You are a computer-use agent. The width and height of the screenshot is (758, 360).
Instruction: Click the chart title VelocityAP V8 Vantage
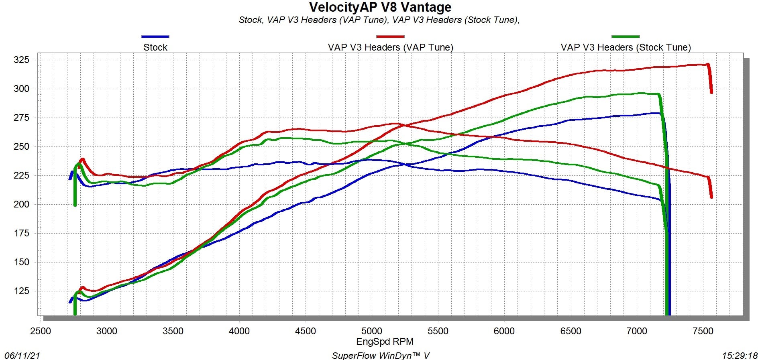pyautogui.click(x=380, y=7)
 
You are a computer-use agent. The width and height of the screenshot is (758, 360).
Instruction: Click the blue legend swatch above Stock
pyautogui.click(x=155, y=37)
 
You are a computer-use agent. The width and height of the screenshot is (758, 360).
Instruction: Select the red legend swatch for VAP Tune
pyautogui.click(x=390, y=37)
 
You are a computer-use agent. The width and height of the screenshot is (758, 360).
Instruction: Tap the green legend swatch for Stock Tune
pyautogui.click(x=626, y=37)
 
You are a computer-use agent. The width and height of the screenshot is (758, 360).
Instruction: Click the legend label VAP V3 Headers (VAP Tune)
pyautogui.click(x=390, y=47)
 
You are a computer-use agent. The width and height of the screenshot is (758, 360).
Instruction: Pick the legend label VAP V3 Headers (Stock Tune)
pyautogui.click(x=626, y=47)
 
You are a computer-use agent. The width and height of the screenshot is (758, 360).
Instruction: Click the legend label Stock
pyautogui.click(x=155, y=47)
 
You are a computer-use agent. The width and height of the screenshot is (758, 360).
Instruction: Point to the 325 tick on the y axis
pyautogui.click(x=22, y=60)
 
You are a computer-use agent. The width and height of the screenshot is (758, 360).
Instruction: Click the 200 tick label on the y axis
pyautogui.click(x=22, y=204)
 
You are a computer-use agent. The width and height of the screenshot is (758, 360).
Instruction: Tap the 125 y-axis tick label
pyautogui.click(x=22, y=291)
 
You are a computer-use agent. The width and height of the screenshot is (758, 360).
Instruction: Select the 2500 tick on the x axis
pyautogui.click(x=41, y=332)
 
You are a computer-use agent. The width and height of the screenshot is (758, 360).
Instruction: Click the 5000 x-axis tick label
pyautogui.click(x=372, y=332)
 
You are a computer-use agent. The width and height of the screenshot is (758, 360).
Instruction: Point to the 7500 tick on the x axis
pyautogui.click(x=703, y=332)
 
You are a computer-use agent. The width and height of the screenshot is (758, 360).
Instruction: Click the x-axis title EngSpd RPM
pyautogui.click(x=385, y=342)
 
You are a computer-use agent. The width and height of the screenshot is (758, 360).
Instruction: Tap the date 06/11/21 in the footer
pyautogui.click(x=22, y=356)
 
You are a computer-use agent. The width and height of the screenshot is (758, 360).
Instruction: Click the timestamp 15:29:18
pyautogui.click(x=740, y=356)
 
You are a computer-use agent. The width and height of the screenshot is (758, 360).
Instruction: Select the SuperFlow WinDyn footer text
pyautogui.click(x=381, y=356)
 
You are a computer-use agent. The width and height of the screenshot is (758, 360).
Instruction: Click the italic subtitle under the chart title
pyautogui.click(x=379, y=20)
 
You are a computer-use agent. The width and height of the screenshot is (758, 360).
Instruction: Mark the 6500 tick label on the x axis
pyautogui.click(x=571, y=332)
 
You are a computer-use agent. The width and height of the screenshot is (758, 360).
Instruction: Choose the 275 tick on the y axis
pyautogui.click(x=22, y=118)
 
